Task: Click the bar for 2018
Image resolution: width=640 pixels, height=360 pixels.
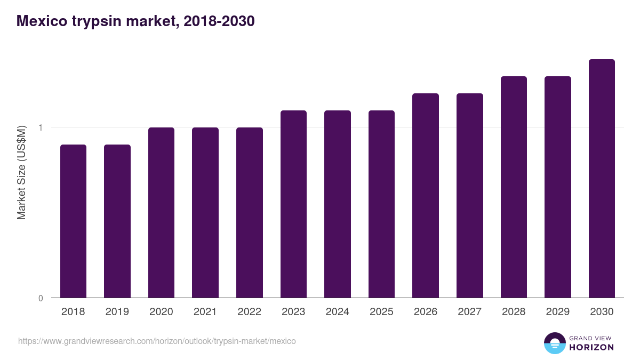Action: click(73, 221)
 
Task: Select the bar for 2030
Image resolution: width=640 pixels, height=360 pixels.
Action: click(602, 178)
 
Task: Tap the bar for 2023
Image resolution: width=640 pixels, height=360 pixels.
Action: click(293, 204)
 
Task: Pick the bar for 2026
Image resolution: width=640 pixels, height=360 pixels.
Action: click(426, 195)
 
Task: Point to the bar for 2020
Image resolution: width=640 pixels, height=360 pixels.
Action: click(161, 212)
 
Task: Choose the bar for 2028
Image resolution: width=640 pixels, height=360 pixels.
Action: click(514, 187)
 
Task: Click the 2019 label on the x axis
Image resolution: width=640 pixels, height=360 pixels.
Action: click(117, 312)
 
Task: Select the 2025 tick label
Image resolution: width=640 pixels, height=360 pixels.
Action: click(381, 312)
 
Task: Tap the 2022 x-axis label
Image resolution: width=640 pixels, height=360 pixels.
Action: click(250, 312)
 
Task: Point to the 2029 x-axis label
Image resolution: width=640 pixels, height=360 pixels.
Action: click(557, 312)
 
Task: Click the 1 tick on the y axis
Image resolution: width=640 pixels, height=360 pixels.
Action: click(40, 127)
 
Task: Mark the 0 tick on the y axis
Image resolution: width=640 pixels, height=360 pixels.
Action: click(40, 298)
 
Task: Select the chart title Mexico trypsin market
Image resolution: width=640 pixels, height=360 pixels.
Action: click(136, 21)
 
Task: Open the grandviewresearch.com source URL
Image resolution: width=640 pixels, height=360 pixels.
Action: click(157, 341)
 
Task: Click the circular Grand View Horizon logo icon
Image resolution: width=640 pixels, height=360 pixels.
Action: click(554, 343)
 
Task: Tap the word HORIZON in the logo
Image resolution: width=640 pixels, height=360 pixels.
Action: click(591, 347)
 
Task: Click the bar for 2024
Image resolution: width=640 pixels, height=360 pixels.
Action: click(338, 204)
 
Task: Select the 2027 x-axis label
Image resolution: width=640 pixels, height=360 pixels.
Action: click(469, 312)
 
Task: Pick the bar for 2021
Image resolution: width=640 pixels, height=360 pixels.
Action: click(205, 212)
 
